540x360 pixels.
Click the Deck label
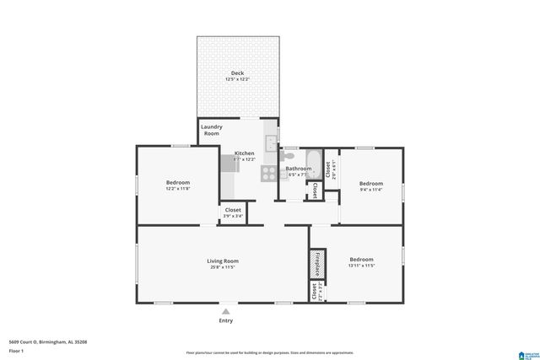238,73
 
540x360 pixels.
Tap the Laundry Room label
211,130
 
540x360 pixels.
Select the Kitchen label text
244,153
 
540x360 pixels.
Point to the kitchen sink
271,142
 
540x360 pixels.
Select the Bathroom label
298,169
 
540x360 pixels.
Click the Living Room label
223,261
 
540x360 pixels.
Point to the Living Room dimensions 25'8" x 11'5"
223,267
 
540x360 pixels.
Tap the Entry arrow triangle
225,312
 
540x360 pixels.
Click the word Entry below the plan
225,320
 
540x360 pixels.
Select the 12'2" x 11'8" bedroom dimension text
177,190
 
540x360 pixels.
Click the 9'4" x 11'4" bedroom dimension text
371,191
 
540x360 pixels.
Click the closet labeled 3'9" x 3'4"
233,213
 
